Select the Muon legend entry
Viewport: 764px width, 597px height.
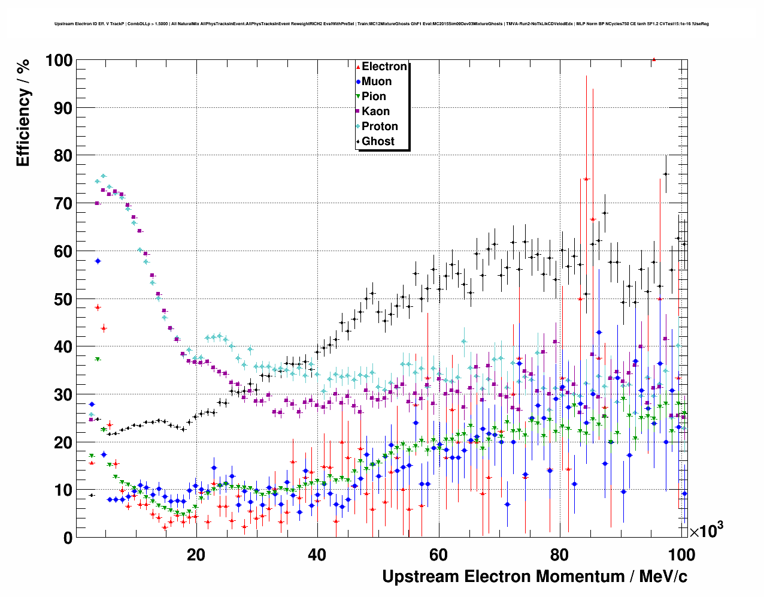pyautogui.click(x=376, y=82)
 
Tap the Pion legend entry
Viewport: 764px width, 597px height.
pyautogui.click(x=374, y=97)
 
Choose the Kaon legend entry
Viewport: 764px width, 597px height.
pyautogui.click(x=375, y=111)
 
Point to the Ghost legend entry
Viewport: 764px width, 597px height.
pyautogui.click(x=378, y=141)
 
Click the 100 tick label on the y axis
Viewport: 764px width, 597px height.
pyautogui.click(x=59, y=61)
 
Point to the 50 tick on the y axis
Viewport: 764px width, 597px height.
pyautogui.click(x=63, y=299)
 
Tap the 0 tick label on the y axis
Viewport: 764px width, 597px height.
pyautogui.click(x=68, y=538)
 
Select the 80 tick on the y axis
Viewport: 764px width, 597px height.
pyautogui.click(x=63, y=156)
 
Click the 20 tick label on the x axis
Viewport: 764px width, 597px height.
pyautogui.click(x=196, y=554)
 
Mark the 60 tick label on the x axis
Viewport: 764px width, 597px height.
pyautogui.click(x=438, y=554)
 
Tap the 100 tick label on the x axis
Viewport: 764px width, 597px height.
pyautogui.click(x=681, y=554)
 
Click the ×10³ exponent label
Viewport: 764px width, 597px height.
pyautogui.click(x=706, y=530)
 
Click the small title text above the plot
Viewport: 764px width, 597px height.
pyautogui.click(x=381, y=24)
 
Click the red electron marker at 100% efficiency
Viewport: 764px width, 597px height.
pyautogui.click(x=654, y=59)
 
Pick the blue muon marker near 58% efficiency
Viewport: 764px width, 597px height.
pyautogui.click(x=98, y=261)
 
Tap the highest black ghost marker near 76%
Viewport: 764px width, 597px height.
pyautogui.click(x=666, y=174)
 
